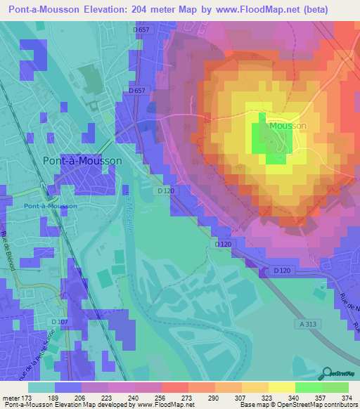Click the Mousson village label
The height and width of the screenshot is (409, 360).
pyautogui.click(x=288, y=125)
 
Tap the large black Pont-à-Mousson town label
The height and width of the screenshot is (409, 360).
pyautogui.click(x=82, y=160)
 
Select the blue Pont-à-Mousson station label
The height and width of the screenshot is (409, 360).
pyautogui.click(x=50, y=206)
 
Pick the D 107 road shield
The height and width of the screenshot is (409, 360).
pyautogui.click(x=60, y=322)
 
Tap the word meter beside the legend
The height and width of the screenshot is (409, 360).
pyautogui.click(x=10, y=398)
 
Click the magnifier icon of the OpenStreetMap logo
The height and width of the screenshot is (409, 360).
pyautogui.click(x=328, y=373)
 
